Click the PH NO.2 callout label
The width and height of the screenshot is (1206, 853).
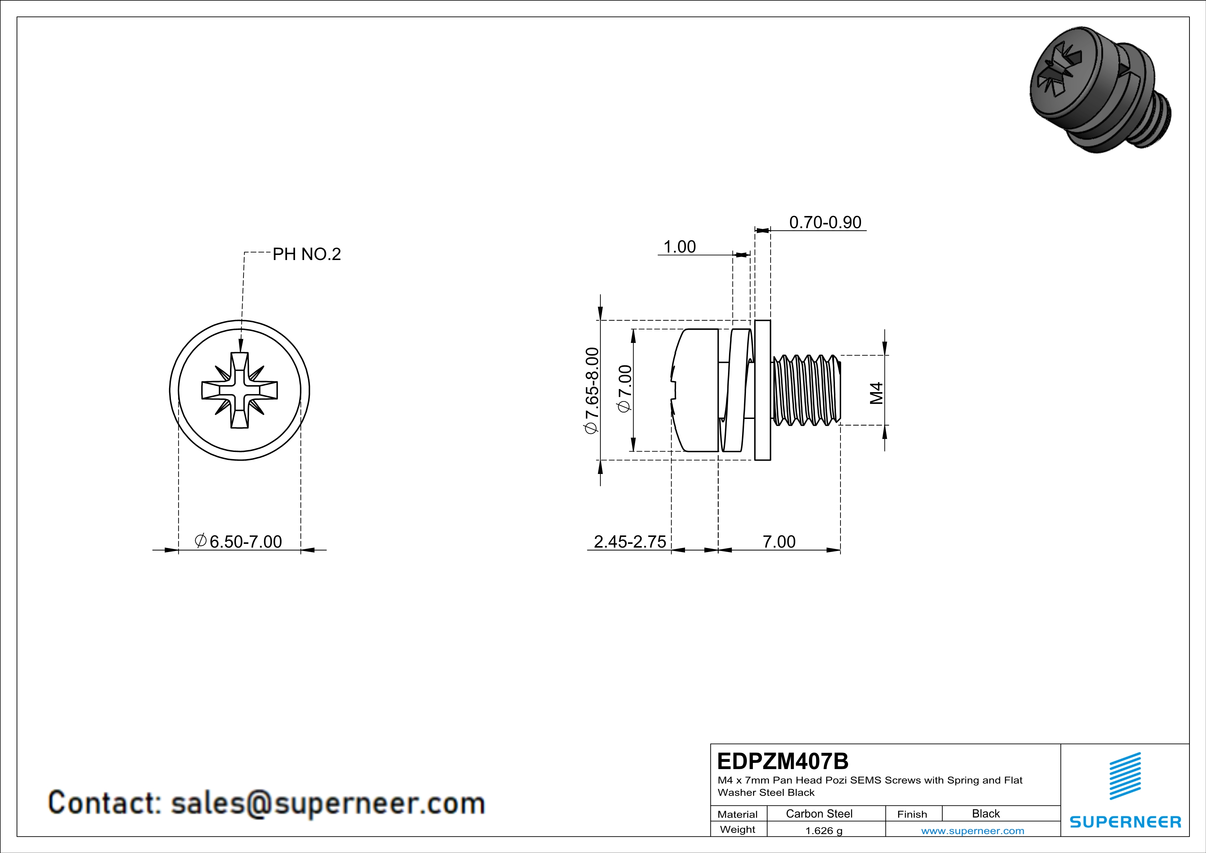[307, 254]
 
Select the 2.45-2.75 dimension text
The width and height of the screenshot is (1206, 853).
[629, 541]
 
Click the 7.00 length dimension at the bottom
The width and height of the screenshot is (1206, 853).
[779, 541]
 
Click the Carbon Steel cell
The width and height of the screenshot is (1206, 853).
[818, 813]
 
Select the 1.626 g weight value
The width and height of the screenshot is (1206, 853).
[824, 830]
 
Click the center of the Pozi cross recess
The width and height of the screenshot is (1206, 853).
[240, 390]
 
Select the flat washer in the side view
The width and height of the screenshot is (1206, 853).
[763, 390]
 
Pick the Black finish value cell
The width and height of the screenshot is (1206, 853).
[985, 813]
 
